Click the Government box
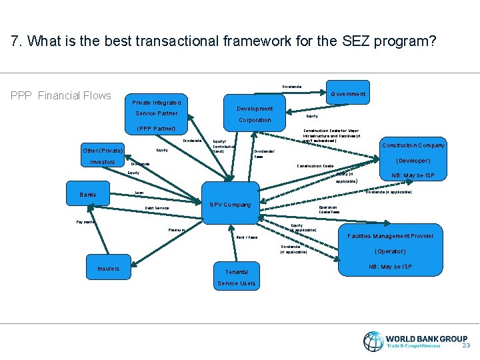(x=347, y=95)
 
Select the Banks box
(x=87, y=195)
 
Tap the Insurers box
(x=109, y=269)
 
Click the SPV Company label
(x=230, y=205)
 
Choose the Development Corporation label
(x=255, y=114)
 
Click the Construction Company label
(x=413, y=145)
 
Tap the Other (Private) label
(x=103, y=150)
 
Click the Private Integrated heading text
(x=156, y=103)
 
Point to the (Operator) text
(x=390, y=251)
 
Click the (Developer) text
(x=413, y=161)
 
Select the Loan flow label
(x=139, y=193)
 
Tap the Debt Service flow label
(x=157, y=209)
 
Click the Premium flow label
(x=177, y=231)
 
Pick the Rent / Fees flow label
(x=247, y=237)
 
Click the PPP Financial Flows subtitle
(x=61, y=96)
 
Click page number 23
(x=466, y=345)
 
